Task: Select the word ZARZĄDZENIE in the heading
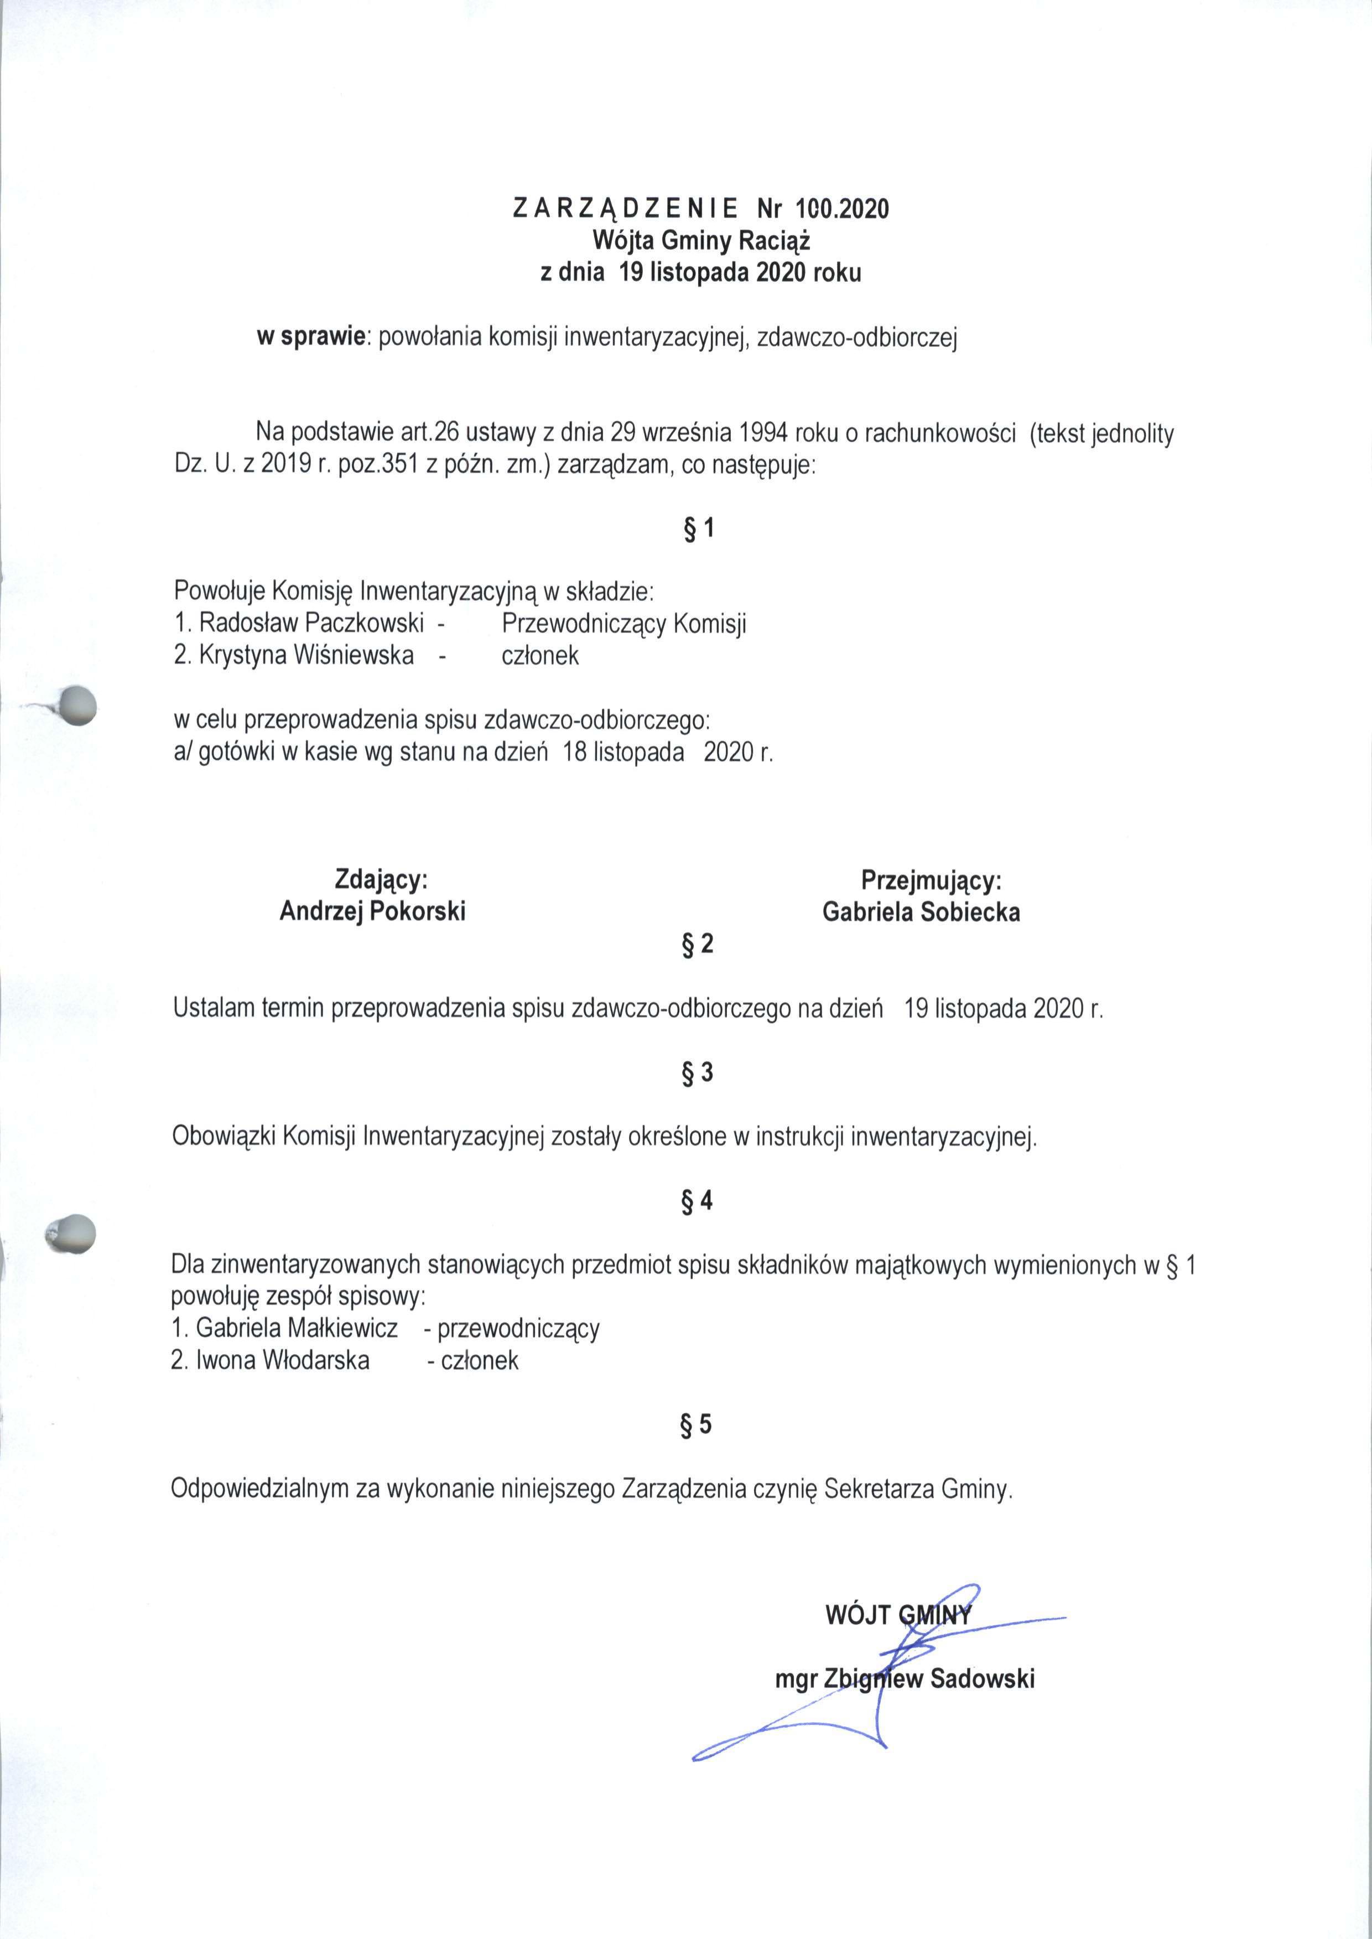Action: pyautogui.click(x=625, y=209)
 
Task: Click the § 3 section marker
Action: pyautogui.click(x=698, y=1072)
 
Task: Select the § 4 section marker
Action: pyautogui.click(x=697, y=1201)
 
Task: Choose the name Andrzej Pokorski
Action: pyautogui.click(x=372, y=911)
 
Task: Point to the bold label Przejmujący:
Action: pyautogui.click(x=931, y=880)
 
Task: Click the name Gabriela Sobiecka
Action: pyautogui.click(x=921, y=913)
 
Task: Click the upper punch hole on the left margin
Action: pyautogui.click(x=75, y=704)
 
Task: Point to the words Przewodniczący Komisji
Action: pyautogui.click(x=623, y=624)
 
